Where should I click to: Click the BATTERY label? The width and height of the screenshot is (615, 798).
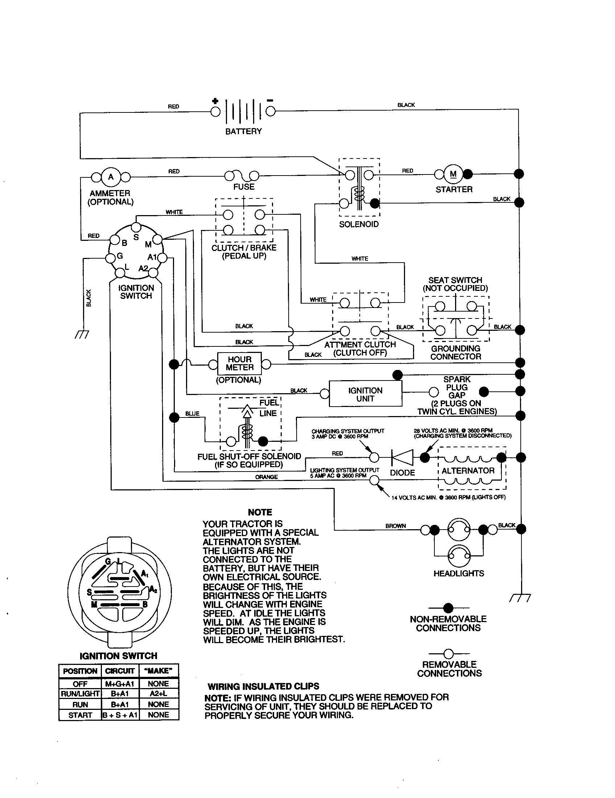tap(243, 131)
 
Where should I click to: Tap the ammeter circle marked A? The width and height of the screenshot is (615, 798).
tap(111, 177)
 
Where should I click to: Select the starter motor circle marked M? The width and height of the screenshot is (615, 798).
tap(453, 174)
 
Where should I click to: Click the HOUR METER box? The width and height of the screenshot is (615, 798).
tap(239, 363)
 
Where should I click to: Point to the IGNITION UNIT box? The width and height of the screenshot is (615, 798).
tap(365, 394)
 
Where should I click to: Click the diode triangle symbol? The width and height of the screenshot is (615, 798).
tap(403, 457)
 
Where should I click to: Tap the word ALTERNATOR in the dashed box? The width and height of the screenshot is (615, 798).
tap(468, 470)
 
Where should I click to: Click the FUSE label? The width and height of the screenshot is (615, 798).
tap(244, 187)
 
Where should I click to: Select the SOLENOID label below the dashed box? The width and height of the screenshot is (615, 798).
tap(359, 224)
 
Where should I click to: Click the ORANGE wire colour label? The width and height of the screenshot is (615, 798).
tap(266, 477)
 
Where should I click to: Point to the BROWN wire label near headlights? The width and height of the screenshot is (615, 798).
tap(396, 526)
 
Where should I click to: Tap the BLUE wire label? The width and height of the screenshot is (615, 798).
tap(192, 414)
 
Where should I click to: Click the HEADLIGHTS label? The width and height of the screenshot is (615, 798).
tap(459, 573)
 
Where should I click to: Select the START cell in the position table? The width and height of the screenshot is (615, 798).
tap(80, 715)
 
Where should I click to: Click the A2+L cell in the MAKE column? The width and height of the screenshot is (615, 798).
tap(158, 694)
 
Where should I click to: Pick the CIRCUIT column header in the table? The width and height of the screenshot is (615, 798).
tap(119, 671)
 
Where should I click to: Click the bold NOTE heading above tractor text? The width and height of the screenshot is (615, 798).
tap(260, 512)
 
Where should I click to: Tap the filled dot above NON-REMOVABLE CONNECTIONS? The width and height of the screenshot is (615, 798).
tap(448, 608)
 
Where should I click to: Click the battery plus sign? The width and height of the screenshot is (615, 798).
tap(215, 101)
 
